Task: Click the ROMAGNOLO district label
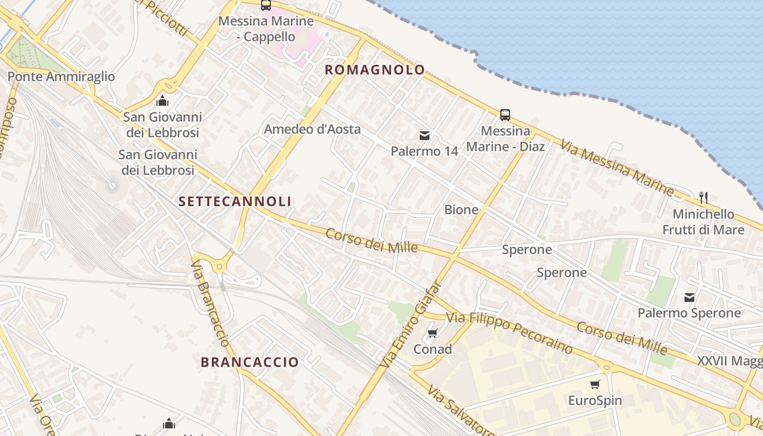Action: coord(374,70)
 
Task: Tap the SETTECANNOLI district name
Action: coord(235,201)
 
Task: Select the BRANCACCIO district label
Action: coord(250,362)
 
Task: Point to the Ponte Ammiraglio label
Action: coord(61,76)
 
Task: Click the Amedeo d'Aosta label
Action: coord(312,129)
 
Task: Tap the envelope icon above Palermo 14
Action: coord(424,135)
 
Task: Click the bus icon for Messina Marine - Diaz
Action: coord(505,115)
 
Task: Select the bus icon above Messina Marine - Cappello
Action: coord(265,5)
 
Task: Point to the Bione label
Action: coord(461,209)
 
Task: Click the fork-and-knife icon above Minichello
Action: coord(703,197)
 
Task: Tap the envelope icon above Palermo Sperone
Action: coord(689,297)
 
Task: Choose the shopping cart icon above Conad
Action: coord(433,333)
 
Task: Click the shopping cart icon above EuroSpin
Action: coord(595,384)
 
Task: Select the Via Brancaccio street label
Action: coord(210,303)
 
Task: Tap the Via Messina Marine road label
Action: coord(617,167)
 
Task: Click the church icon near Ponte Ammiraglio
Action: coord(162,101)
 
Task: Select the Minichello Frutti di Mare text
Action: coord(703,222)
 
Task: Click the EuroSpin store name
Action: coord(595,401)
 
